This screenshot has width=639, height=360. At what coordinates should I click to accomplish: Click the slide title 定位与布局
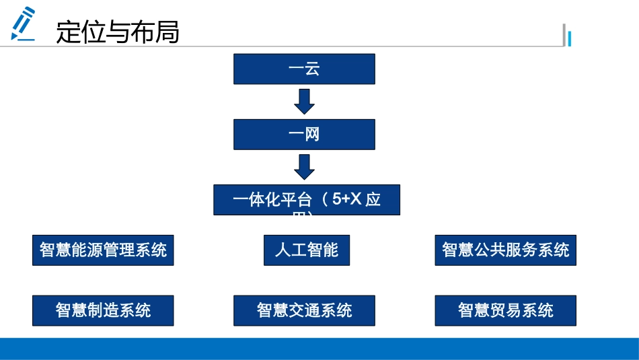tap(118, 32)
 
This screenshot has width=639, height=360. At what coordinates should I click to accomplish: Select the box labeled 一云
tap(304, 69)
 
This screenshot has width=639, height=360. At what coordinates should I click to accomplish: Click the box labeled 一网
tap(304, 135)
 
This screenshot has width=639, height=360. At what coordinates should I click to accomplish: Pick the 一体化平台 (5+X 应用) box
tap(307, 200)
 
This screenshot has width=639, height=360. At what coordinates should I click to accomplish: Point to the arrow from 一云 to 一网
tap(305, 101)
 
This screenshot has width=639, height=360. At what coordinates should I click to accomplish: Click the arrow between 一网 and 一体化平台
tap(305, 166)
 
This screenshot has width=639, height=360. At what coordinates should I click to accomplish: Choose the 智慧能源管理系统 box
tap(103, 250)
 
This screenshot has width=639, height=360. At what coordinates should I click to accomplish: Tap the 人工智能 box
tap(307, 250)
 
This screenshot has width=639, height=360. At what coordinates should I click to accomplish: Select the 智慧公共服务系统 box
tap(505, 250)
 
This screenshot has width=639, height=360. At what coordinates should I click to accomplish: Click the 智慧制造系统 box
tap(103, 310)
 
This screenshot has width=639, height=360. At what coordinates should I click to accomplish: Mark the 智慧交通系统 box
tap(304, 310)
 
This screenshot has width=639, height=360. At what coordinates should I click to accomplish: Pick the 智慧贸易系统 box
tap(505, 310)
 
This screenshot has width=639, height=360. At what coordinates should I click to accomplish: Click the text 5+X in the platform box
tap(348, 200)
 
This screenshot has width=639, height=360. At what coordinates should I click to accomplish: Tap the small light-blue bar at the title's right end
tap(570, 39)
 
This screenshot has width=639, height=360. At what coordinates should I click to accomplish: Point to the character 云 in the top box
tap(312, 69)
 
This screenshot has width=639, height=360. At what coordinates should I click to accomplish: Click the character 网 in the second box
tap(312, 135)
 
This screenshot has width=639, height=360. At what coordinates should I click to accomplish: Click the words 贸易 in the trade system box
tap(506, 310)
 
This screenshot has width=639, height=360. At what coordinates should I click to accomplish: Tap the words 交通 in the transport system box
tap(305, 310)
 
